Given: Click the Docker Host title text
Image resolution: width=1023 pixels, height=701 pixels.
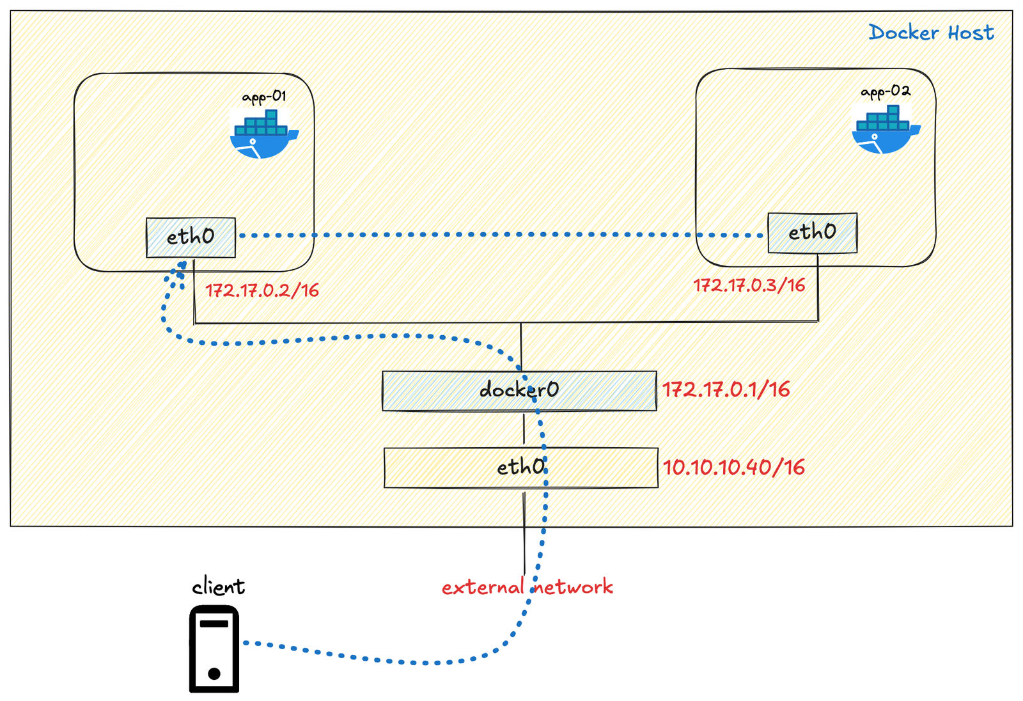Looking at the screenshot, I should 930,32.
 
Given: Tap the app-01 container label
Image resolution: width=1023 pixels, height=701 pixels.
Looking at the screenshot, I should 264,97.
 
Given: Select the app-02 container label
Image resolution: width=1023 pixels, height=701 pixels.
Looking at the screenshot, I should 886,91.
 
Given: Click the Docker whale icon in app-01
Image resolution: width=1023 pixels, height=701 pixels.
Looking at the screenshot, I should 263,134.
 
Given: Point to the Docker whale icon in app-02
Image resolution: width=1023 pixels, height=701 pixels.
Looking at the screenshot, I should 885,130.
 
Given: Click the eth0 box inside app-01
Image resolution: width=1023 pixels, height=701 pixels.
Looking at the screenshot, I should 191,237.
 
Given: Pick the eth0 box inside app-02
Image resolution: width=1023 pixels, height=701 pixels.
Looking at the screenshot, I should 812,232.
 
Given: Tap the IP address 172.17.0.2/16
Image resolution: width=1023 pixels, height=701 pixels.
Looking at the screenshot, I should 262,290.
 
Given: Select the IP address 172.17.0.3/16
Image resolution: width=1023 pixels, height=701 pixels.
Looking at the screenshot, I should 749,285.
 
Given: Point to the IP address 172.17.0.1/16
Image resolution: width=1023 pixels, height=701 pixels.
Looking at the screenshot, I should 726,390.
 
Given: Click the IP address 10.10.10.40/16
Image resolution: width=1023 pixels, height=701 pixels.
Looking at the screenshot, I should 733,468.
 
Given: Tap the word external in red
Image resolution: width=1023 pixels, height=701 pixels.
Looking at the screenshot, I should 482,587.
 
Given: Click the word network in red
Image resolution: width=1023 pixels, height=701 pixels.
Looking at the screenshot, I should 574,587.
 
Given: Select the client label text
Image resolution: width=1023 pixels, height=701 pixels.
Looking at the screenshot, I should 218,587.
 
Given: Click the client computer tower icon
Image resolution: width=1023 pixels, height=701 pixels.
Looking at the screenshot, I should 214,649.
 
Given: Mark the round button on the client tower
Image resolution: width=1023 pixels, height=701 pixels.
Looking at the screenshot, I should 214,673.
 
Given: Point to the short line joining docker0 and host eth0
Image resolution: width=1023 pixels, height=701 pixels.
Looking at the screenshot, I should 524,429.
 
